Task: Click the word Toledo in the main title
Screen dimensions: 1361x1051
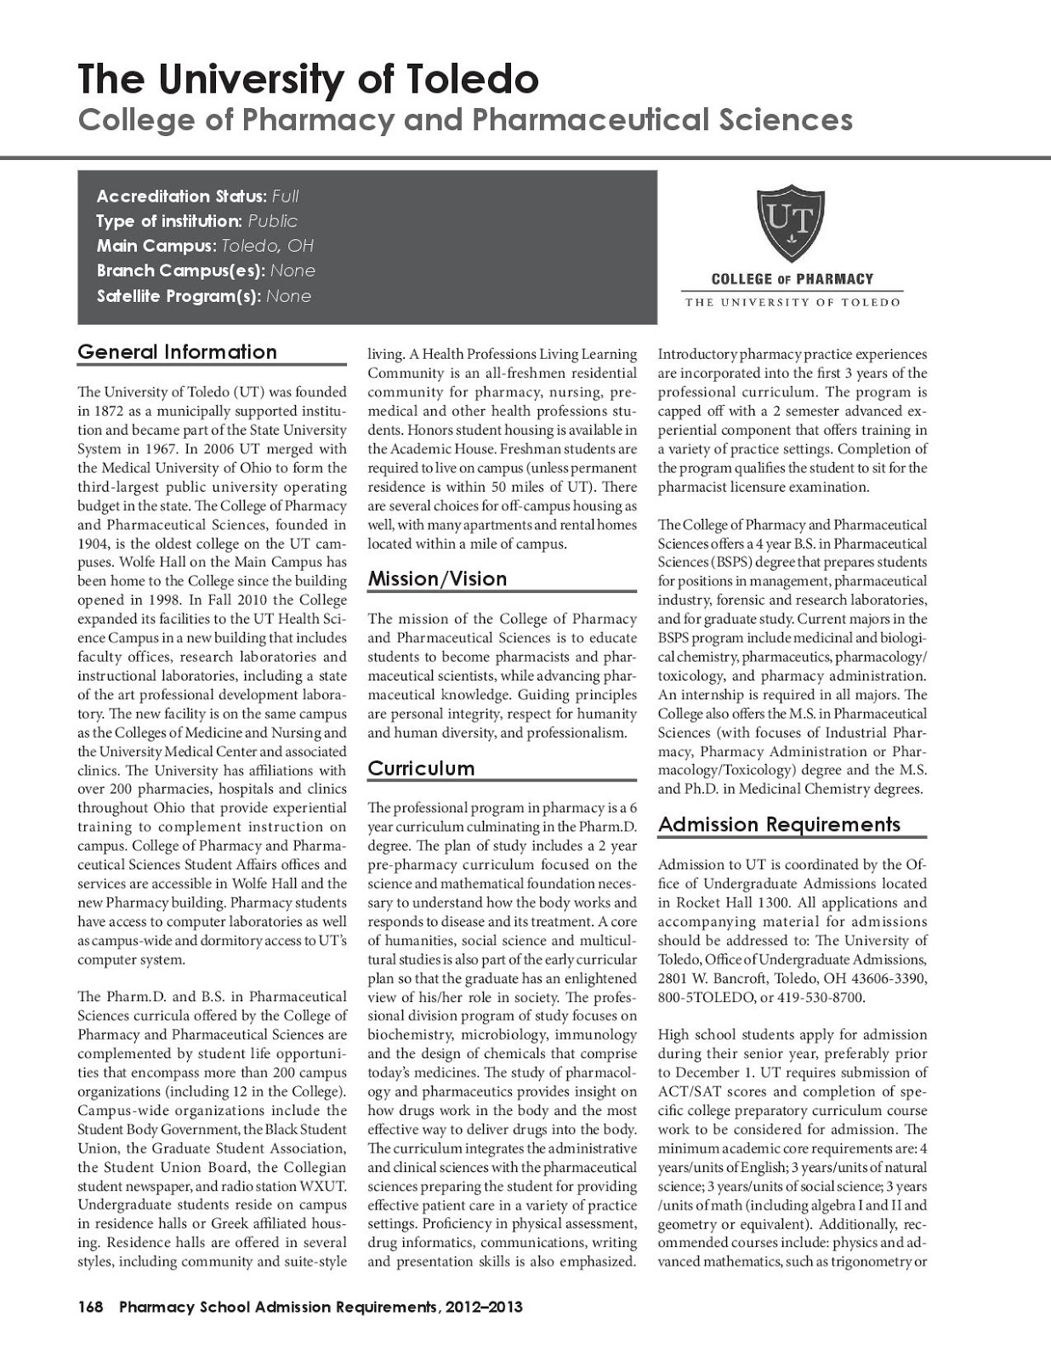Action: (471, 79)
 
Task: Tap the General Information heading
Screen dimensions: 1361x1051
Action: (177, 352)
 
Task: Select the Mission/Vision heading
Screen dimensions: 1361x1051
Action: (437, 579)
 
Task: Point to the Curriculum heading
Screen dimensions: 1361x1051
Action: (421, 769)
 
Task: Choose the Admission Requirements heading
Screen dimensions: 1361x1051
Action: (779, 824)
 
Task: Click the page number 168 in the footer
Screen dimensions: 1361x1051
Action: (90, 1307)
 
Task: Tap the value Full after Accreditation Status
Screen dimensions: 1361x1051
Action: (285, 196)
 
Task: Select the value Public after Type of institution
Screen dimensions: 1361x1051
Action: (272, 221)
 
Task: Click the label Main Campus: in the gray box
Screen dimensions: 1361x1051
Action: (156, 246)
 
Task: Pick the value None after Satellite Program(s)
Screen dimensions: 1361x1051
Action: (288, 297)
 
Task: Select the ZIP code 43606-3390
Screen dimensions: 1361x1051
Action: (884, 978)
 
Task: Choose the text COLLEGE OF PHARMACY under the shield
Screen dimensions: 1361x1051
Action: (792, 279)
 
